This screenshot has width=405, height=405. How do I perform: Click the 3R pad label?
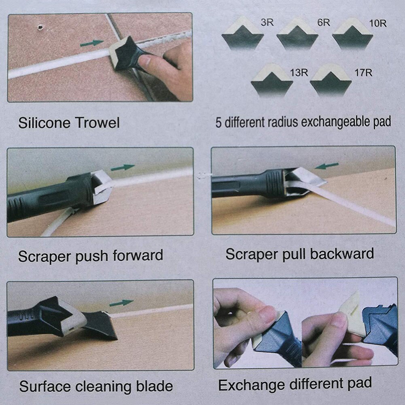(x=267, y=23)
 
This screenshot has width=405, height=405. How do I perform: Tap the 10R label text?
(x=378, y=23)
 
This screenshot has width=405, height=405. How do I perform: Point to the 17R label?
(x=363, y=73)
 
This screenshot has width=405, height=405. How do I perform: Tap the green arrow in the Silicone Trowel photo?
(x=92, y=42)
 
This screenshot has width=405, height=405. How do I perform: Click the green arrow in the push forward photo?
(x=123, y=167)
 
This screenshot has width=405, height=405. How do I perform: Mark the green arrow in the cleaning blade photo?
(x=121, y=303)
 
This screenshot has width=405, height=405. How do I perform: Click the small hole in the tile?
(x=40, y=28)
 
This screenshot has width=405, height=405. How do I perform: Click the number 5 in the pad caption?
(x=218, y=123)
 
